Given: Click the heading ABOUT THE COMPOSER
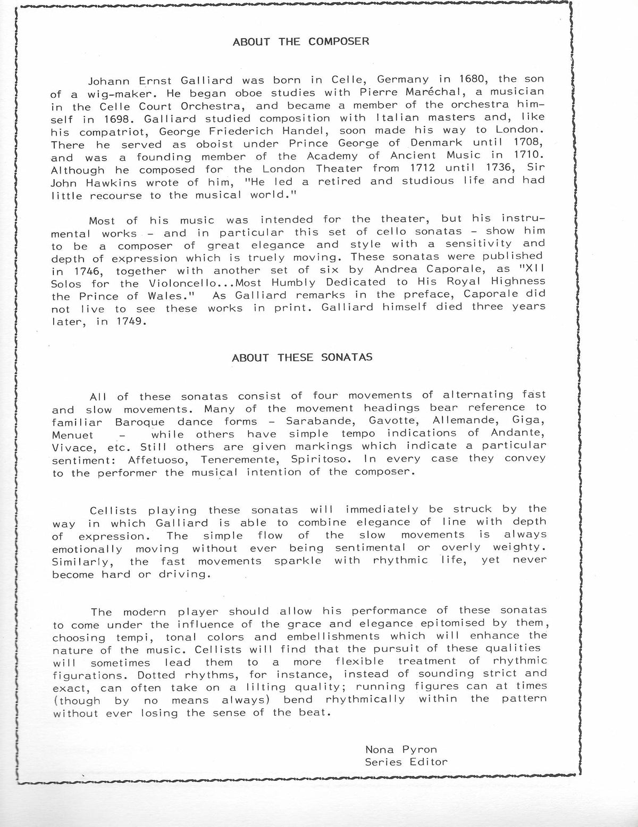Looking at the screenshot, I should coord(301,42).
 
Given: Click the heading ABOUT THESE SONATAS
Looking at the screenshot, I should coord(302,357).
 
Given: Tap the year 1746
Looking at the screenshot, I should coord(79,270).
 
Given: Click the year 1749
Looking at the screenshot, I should coord(129,321).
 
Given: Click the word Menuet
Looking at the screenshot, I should coord(73,434).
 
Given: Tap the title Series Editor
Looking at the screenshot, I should coord(406,762).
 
